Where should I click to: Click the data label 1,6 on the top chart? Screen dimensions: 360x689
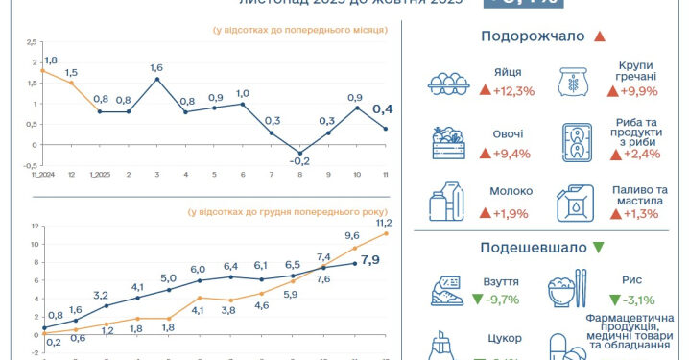point(156,67)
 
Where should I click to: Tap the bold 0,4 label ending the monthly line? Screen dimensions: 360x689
point(381,109)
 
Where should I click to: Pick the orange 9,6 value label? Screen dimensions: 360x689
point(353,235)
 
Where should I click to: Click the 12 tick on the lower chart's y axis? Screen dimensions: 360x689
point(33,227)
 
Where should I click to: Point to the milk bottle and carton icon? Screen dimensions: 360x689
point(446,202)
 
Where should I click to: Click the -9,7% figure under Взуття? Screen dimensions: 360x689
point(495,300)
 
